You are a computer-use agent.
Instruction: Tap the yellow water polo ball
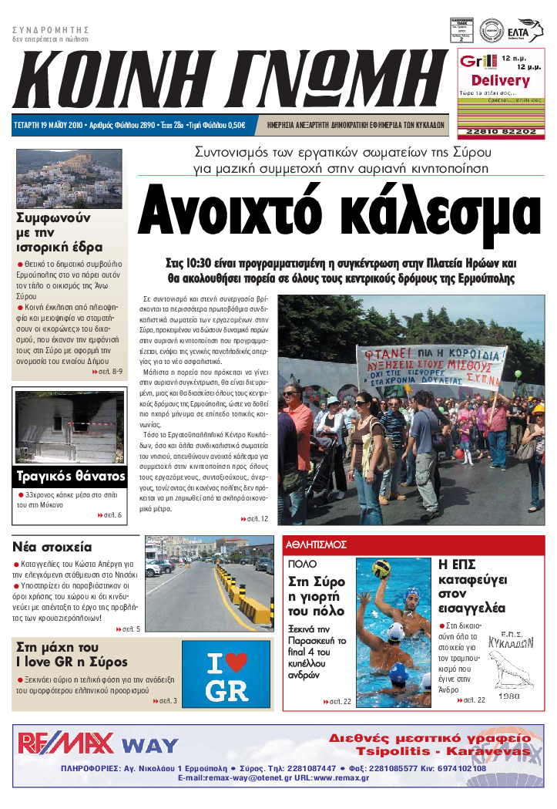381,569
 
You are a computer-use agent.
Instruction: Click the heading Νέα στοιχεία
52,547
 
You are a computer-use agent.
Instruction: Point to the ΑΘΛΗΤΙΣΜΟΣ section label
317,544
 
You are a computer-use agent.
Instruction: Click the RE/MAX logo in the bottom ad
66,742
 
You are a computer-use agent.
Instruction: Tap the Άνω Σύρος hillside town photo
69,178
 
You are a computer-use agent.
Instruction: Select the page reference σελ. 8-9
108,371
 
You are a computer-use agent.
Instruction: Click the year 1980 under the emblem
509,696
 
